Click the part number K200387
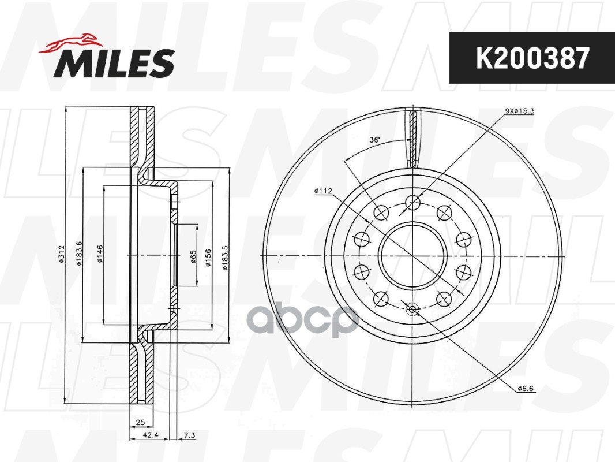[x=532, y=58]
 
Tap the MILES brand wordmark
[x=114, y=63]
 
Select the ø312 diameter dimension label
[x=61, y=254]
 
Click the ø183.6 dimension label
[x=80, y=254]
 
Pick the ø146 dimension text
[x=100, y=254]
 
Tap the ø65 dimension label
[x=193, y=256]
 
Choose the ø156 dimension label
[x=208, y=258]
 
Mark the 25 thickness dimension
[x=140, y=422]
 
